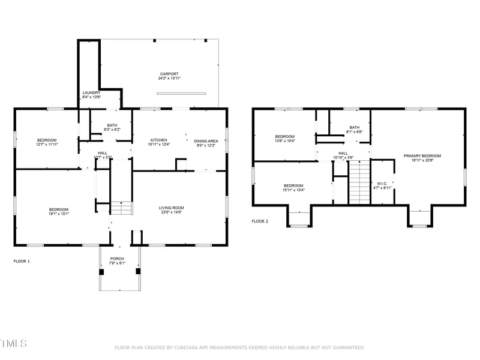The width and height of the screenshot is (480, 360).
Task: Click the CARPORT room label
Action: [x=169, y=74]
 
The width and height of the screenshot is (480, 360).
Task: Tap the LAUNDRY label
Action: [x=91, y=92]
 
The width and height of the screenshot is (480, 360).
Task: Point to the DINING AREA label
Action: [x=206, y=140]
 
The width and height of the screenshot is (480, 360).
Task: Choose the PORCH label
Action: [x=117, y=259]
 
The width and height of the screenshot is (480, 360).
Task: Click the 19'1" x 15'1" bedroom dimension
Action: [x=59, y=213]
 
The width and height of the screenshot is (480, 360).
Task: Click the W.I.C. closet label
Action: [x=382, y=183]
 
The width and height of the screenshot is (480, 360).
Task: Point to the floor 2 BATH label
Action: [x=355, y=127]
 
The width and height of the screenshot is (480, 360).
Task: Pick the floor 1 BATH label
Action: [x=112, y=125]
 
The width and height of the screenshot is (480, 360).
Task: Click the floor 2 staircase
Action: [x=358, y=187]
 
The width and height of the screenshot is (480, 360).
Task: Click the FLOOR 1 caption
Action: [x=22, y=262]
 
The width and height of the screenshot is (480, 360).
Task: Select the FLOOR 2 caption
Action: [x=260, y=221]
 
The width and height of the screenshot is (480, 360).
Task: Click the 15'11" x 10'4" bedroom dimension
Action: [x=293, y=190]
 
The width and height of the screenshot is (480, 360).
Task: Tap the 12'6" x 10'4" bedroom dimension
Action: [x=285, y=141]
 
